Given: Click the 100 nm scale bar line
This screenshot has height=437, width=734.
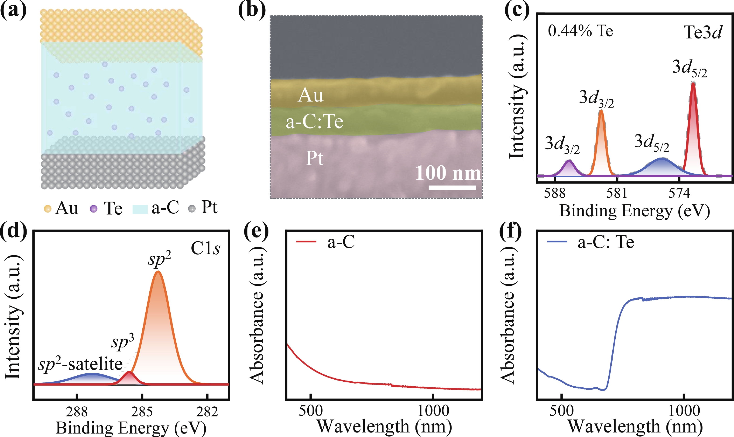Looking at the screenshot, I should click(452, 188).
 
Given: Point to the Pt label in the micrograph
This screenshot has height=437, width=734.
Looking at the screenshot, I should click(314, 158).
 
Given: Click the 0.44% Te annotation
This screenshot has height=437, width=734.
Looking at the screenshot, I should click(580, 31).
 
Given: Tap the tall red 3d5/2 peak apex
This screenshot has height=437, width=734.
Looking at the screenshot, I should click(693, 84).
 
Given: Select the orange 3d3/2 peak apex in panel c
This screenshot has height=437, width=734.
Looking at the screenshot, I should click(601, 111).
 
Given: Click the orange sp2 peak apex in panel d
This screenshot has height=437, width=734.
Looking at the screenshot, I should click(158, 272).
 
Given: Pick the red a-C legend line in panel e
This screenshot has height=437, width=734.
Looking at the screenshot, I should click(306, 242).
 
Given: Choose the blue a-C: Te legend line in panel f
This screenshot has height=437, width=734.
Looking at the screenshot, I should click(557, 242).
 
